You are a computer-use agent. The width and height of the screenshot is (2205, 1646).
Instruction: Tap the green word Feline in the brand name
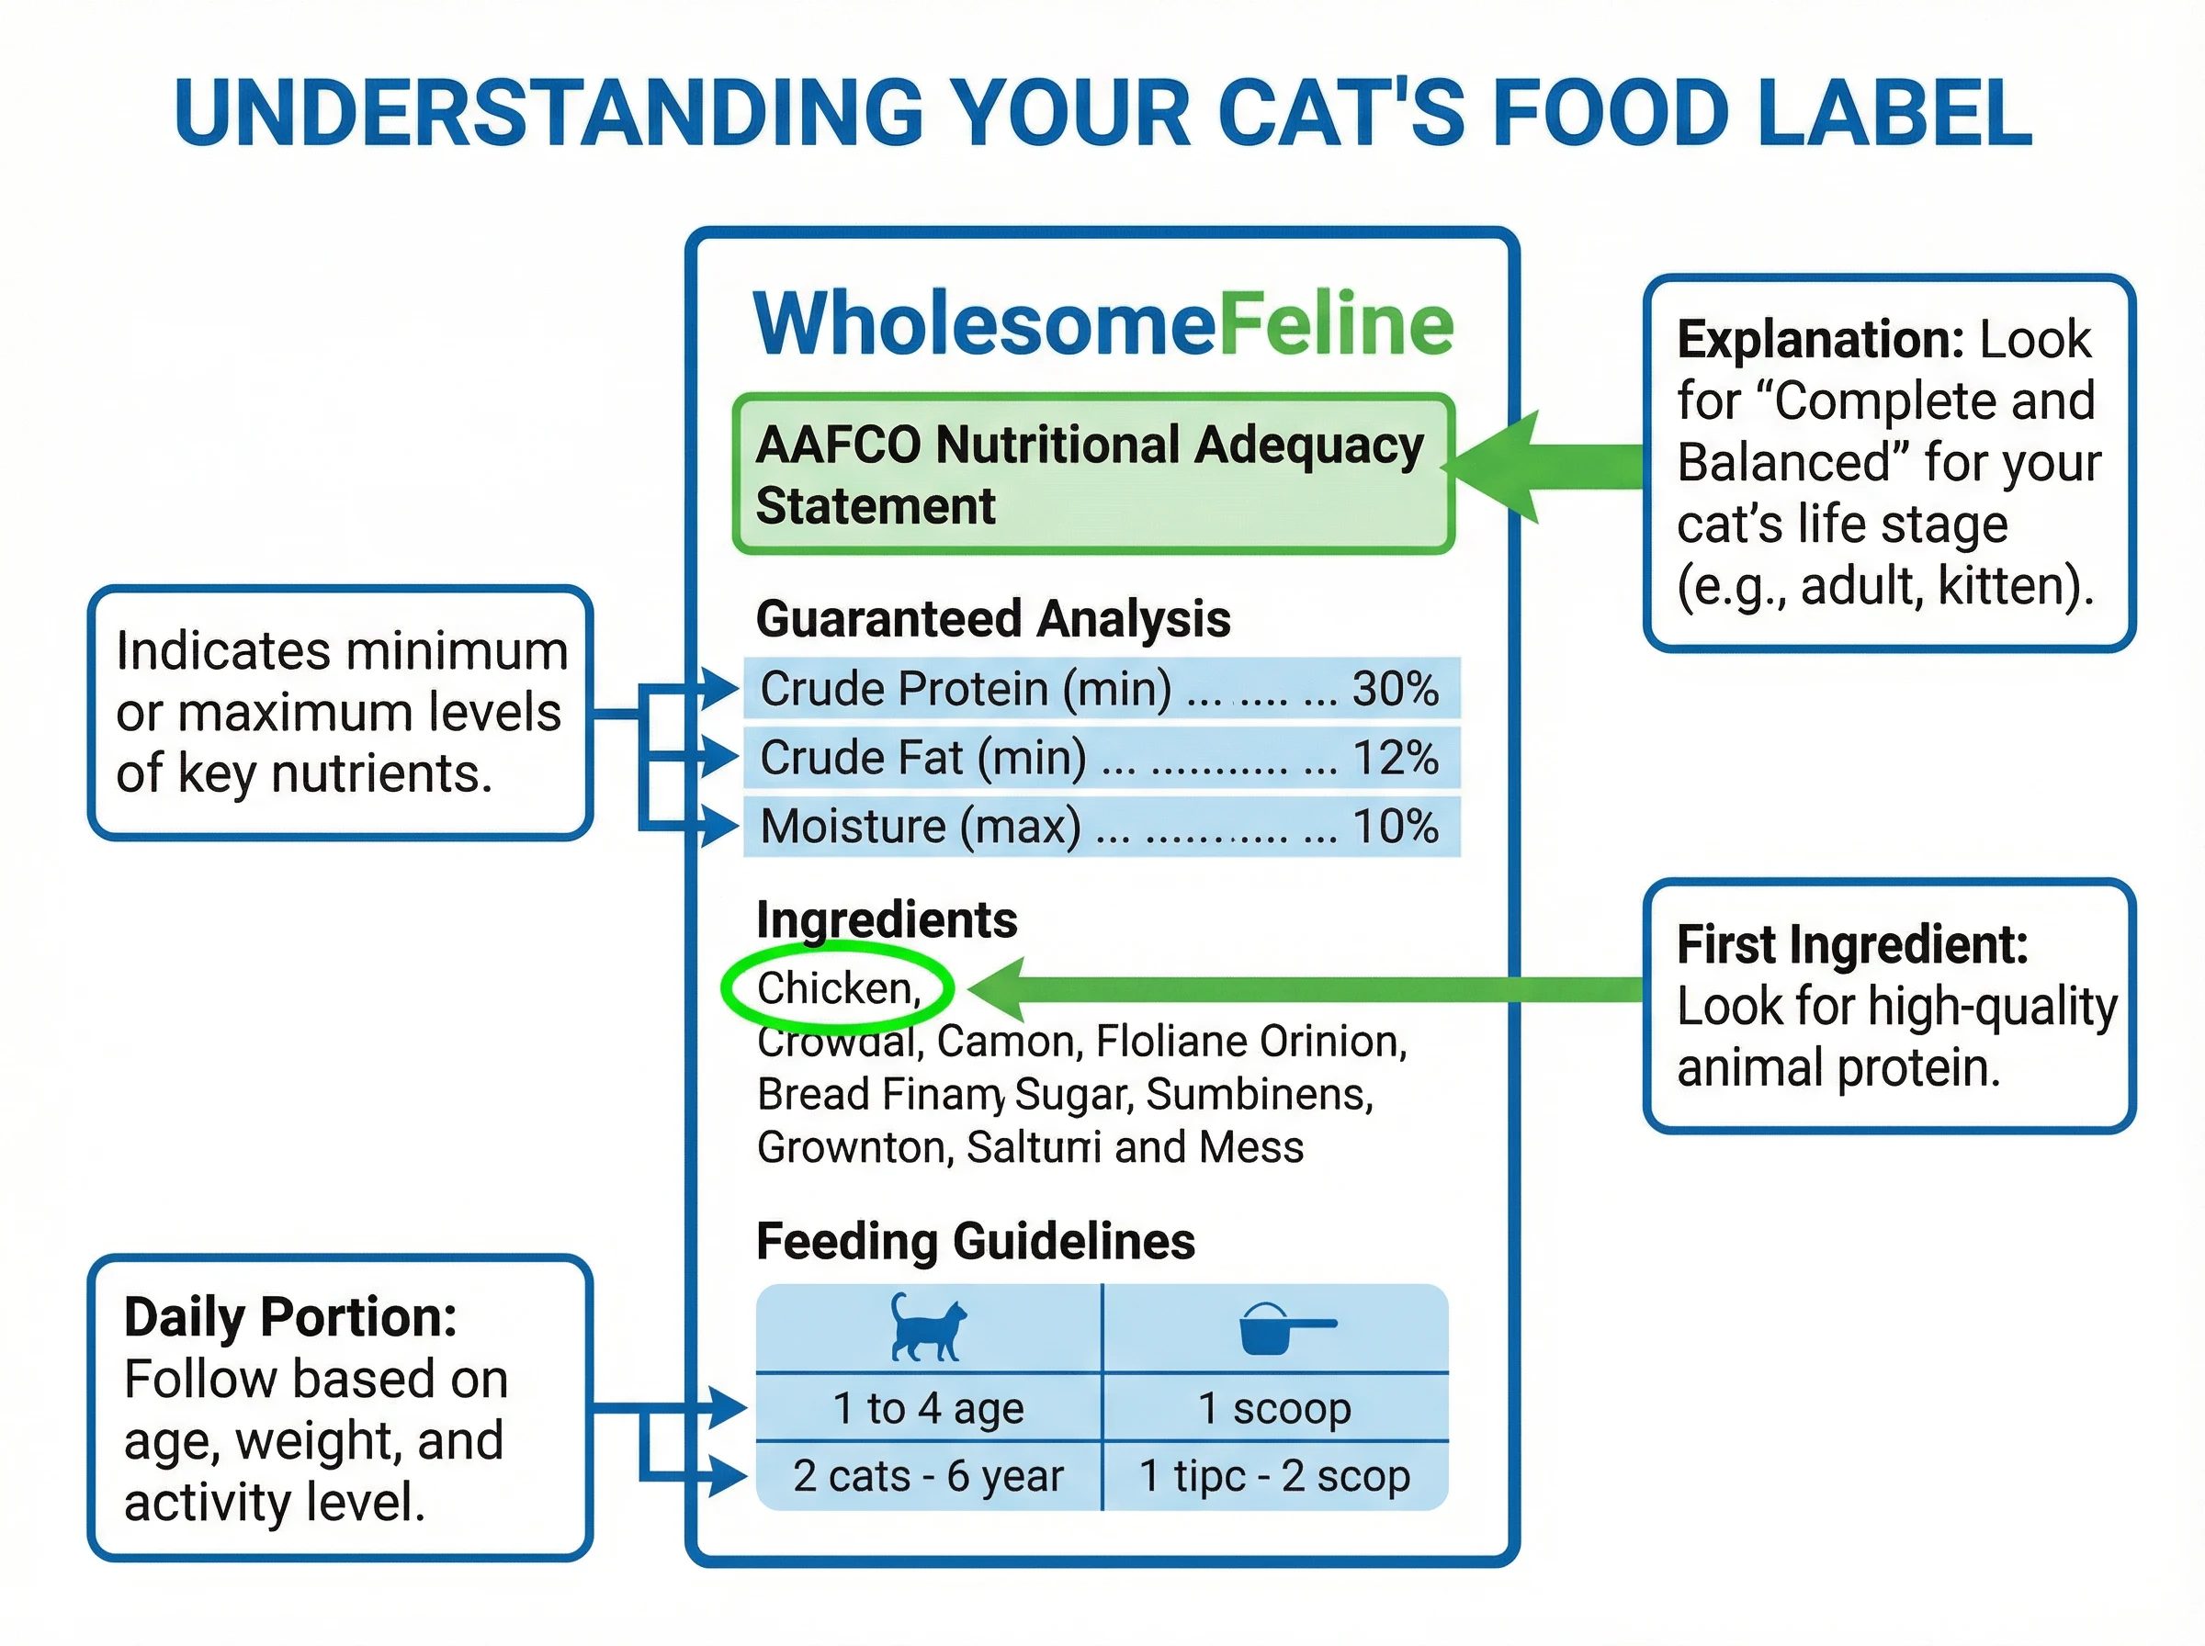coord(1335,324)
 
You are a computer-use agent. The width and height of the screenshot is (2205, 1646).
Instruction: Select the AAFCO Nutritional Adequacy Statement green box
coord(1093,474)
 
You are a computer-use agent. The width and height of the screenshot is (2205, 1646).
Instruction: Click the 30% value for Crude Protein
coord(1394,689)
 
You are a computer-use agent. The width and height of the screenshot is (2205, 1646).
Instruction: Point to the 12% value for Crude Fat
coord(1394,757)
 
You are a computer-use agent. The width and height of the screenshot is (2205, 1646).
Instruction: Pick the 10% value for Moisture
coord(1394,826)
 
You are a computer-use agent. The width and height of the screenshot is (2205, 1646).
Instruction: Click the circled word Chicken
coord(837,988)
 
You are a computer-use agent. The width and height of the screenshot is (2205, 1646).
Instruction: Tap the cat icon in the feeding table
coord(927,1327)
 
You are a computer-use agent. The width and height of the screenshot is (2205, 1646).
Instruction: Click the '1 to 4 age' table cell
coord(928,1408)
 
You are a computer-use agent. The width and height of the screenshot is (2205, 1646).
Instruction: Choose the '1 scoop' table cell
coord(1274,1408)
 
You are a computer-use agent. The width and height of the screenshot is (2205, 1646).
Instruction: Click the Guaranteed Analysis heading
coord(992,619)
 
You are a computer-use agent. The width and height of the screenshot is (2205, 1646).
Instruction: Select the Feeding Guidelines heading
coord(975,1242)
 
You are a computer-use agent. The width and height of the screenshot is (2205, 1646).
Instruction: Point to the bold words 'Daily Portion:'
coord(290,1317)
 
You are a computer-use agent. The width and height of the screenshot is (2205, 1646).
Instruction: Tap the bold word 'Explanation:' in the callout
coord(1819,340)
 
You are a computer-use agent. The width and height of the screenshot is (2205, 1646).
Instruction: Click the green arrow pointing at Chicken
coord(1295,989)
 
